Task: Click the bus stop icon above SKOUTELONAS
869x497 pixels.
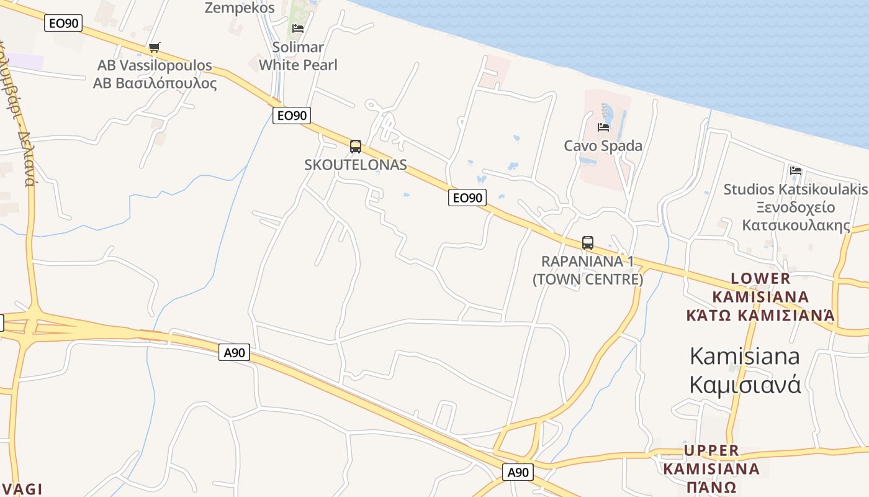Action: point(356,147)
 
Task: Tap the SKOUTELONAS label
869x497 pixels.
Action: point(356,165)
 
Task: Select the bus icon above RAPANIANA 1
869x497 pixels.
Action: point(588,243)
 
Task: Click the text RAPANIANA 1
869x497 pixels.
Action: point(588,261)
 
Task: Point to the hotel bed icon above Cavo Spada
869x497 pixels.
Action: point(603,127)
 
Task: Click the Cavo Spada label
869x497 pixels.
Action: point(603,146)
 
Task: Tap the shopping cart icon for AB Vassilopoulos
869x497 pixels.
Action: point(155,47)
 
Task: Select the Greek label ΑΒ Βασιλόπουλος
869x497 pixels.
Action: point(155,83)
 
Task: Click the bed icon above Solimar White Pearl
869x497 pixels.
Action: point(298,28)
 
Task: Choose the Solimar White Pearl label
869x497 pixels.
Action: point(298,56)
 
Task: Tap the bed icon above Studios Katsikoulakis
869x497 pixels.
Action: point(796,171)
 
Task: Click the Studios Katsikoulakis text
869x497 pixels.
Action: point(796,189)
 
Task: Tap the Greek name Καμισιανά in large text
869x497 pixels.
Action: point(745,385)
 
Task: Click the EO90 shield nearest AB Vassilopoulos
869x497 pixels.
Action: point(63,24)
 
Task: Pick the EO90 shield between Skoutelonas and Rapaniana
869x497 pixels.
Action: point(467,198)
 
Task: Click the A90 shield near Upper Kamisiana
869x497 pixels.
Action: point(518,472)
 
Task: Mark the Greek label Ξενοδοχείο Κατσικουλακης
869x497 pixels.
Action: point(796,216)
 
